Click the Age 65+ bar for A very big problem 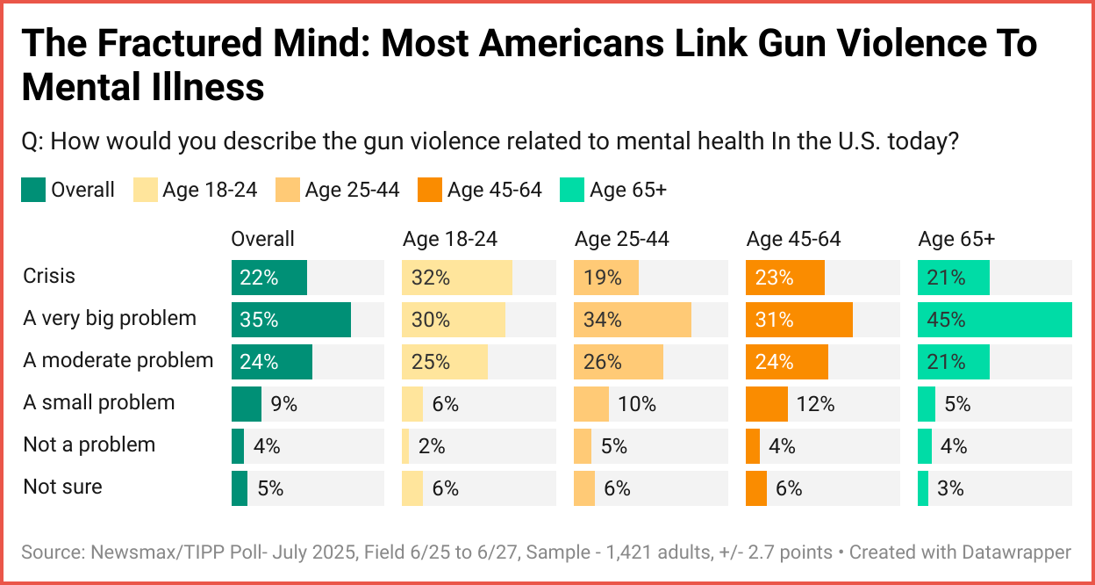tap(994, 320)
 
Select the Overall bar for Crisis tap(269, 278)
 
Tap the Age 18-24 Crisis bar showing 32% tap(456, 278)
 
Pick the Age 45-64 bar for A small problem tap(766, 404)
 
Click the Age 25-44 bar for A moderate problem tap(618, 362)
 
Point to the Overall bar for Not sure tap(240, 488)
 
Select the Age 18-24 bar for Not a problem tap(405, 446)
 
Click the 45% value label tap(946, 320)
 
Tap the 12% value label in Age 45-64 tap(814, 404)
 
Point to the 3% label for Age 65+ tap(950, 488)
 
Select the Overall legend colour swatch tap(32, 190)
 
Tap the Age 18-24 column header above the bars tap(450, 239)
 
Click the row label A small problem tap(99, 402)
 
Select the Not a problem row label tap(89, 444)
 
